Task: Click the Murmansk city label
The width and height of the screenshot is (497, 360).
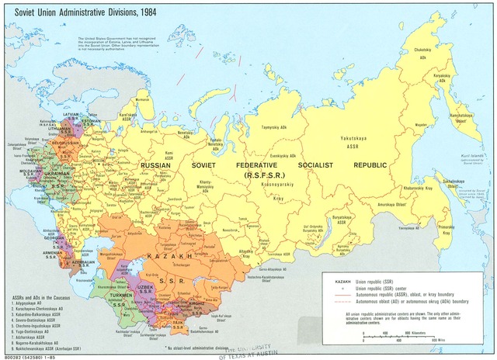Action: coord(142,99)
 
